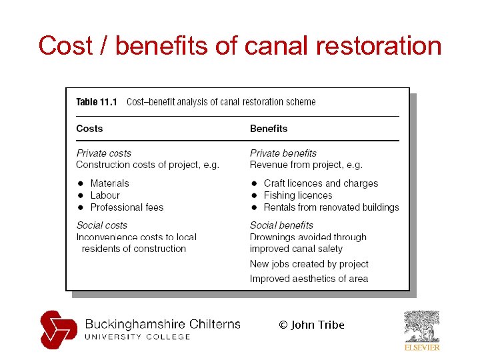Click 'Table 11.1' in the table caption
pyautogui.click(x=97, y=102)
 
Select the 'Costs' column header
pyautogui.click(x=89, y=129)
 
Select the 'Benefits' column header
pyautogui.click(x=269, y=129)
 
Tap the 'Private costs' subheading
pyautogui.click(x=103, y=153)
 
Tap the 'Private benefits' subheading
pyautogui.click(x=283, y=153)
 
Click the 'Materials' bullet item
pyautogui.click(x=109, y=183)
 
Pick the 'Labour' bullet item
pyautogui.click(x=105, y=195)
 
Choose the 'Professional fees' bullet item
pyautogui.click(x=127, y=207)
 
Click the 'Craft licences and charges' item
pyautogui.click(x=321, y=183)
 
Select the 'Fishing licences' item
pyautogui.click(x=297, y=195)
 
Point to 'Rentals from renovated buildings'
pyautogui.click(x=331, y=207)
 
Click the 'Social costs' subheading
pyautogui.click(x=101, y=225)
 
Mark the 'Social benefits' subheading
pyautogui.click(x=281, y=225)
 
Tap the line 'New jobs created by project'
pyautogui.click(x=309, y=264)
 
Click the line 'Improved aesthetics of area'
pyautogui.click(x=309, y=279)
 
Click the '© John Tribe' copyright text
pyautogui.click(x=311, y=325)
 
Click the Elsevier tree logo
pyautogui.click(x=422, y=327)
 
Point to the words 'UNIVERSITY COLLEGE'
pyautogui.click(x=137, y=337)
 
